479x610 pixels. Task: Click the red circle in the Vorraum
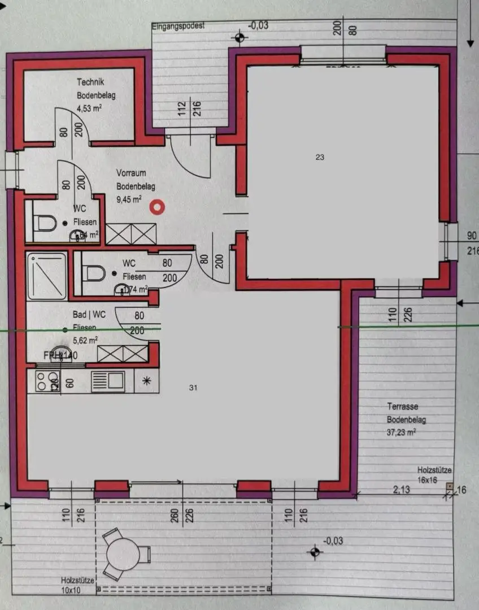click(x=156, y=208)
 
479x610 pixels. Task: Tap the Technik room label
click(x=90, y=82)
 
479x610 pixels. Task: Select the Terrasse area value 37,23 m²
click(x=402, y=432)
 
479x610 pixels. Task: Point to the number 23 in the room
click(x=320, y=158)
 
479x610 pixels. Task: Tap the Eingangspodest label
click(x=177, y=26)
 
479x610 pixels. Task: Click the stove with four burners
click(x=46, y=381)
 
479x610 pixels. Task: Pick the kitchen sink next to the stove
click(x=108, y=381)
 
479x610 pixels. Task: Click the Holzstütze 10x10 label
click(x=79, y=585)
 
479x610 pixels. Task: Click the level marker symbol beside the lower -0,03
click(x=313, y=551)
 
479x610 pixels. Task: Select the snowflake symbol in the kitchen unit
click(x=147, y=381)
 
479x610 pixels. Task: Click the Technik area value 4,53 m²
click(x=89, y=107)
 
